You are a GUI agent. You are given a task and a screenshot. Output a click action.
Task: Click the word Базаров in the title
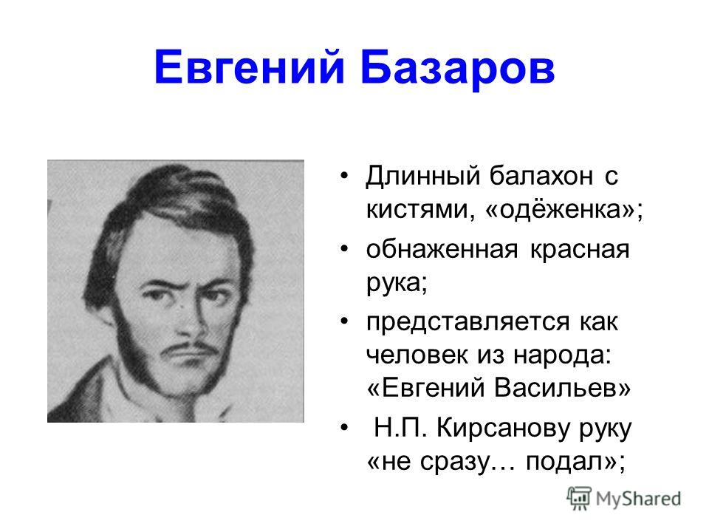pos(458,68)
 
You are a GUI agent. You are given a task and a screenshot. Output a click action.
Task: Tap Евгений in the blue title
pos(250,68)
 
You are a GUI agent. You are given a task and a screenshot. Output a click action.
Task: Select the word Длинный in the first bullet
pos(422,176)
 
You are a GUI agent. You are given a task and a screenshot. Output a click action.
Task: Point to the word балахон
pos(541,176)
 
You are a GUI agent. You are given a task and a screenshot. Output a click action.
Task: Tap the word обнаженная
pos(442,250)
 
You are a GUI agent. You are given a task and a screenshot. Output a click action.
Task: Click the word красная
pos(580,250)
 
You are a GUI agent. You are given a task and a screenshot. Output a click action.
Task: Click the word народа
pos(563,355)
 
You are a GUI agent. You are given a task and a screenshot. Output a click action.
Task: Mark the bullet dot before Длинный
pos(345,176)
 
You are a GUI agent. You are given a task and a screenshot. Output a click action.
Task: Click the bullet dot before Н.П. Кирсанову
pos(345,428)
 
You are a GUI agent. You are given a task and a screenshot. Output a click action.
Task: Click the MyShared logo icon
pos(579,499)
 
